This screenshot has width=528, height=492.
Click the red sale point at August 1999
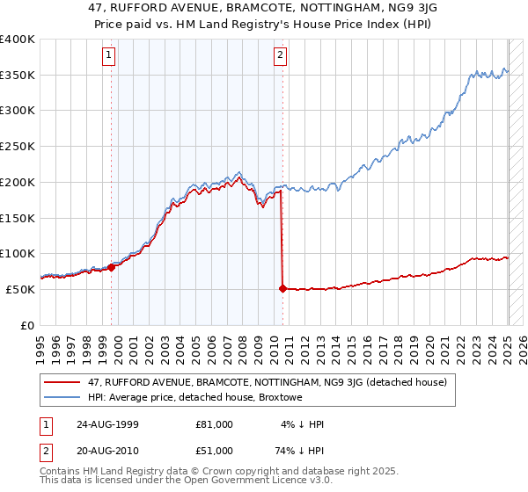click(112, 267)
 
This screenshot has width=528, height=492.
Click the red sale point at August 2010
click(282, 288)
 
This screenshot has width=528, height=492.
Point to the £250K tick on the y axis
click(18, 146)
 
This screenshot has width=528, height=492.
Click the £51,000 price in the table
click(215, 452)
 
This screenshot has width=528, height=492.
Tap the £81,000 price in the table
click(215, 424)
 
